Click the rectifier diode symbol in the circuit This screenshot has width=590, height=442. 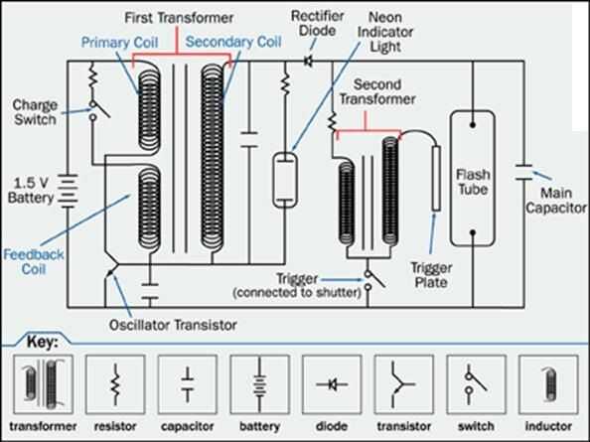tap(308, 61)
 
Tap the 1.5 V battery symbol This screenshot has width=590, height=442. tap(68, 191)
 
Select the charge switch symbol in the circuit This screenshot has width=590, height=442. tap(97, 110)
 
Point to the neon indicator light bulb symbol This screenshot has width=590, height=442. tap(285, 180)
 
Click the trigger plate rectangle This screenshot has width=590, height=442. tap(436, 179)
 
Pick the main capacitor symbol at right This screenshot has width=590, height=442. tap(523, 172)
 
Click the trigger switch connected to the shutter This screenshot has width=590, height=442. tap(373, 280)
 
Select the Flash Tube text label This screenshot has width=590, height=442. tap(473, 182)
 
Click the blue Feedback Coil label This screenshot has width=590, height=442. tap(34, 262)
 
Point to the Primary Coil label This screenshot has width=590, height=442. tap(119, 42)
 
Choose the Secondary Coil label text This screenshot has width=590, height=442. tap(233, 42)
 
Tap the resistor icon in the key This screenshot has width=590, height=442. tap(115, 384)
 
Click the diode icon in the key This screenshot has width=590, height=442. tap(332, 384)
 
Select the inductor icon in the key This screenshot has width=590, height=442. tap(548, 384)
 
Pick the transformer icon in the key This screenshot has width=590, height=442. tap(44, 384)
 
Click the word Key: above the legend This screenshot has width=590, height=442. tap(43, 343)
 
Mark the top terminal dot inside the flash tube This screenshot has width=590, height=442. tap(473, 124)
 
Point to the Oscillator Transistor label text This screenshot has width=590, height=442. tap(173, 325)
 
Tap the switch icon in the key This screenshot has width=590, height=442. tap(476, 384)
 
